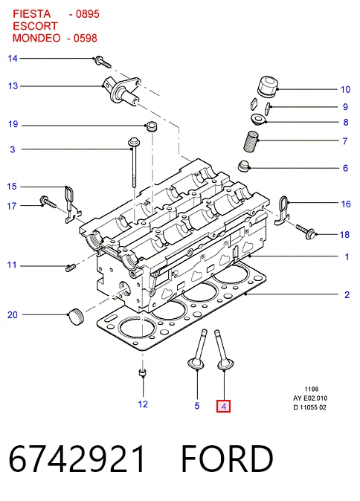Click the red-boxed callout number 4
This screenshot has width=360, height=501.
223,407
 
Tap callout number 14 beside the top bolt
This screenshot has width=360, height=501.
13,59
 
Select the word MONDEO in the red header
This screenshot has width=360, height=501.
36,38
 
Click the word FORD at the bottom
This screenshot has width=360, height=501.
227,459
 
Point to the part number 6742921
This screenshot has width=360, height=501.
77,459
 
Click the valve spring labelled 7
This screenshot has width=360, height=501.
251,141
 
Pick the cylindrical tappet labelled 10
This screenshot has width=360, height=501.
268,86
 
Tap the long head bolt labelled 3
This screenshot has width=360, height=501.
132,162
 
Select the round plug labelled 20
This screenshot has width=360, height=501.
76,317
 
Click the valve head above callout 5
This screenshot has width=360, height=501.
196,363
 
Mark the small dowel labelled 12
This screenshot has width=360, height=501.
143,372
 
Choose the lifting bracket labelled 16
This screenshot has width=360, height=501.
283,210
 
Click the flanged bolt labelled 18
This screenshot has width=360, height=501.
306,232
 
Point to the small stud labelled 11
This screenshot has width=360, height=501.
70,268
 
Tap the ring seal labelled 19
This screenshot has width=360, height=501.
152,126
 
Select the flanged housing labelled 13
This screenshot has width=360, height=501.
122,91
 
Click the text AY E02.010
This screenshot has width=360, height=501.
310,398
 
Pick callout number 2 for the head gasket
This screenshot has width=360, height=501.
347,294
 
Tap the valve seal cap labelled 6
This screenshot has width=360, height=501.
244,167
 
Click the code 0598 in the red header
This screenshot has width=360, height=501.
85,38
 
